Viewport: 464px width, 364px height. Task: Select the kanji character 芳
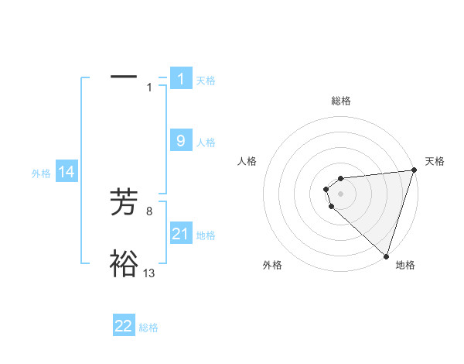tap(124, 203)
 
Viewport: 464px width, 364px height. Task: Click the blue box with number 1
tap(181, 78)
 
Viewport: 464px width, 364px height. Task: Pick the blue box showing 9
tap(181, 140)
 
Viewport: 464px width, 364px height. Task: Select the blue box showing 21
tap(181, 233)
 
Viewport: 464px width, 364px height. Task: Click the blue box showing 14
tap(67, 172)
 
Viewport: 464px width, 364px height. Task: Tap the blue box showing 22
tap(124, 326)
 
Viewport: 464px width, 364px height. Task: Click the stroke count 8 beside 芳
tap(149, 210)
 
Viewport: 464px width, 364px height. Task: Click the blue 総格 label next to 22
tap(148, 328)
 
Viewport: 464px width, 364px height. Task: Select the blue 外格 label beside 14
tap(41, 173)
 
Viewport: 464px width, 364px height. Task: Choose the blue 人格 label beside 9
tap(206, 143)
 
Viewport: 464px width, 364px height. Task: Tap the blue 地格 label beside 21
tap(206, 235)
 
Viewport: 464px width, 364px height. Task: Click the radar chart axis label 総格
tap(340, 101)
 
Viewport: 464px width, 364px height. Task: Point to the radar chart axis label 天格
tap(435, 161)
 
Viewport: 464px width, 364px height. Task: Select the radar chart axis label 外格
tap(272, 265)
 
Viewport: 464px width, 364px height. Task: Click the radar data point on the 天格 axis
tap(414, 170)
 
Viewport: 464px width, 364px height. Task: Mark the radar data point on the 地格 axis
tap(386, 256)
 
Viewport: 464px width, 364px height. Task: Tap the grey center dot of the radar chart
tap(340, 194)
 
